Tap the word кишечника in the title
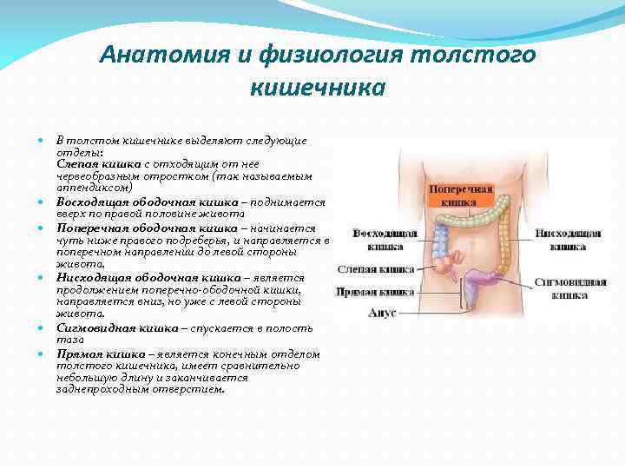click(x=317, y=88)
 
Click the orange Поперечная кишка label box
click(x=460, y=195)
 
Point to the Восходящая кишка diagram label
click(x=385, y=240)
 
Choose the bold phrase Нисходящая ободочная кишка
click(x=135, y=277)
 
